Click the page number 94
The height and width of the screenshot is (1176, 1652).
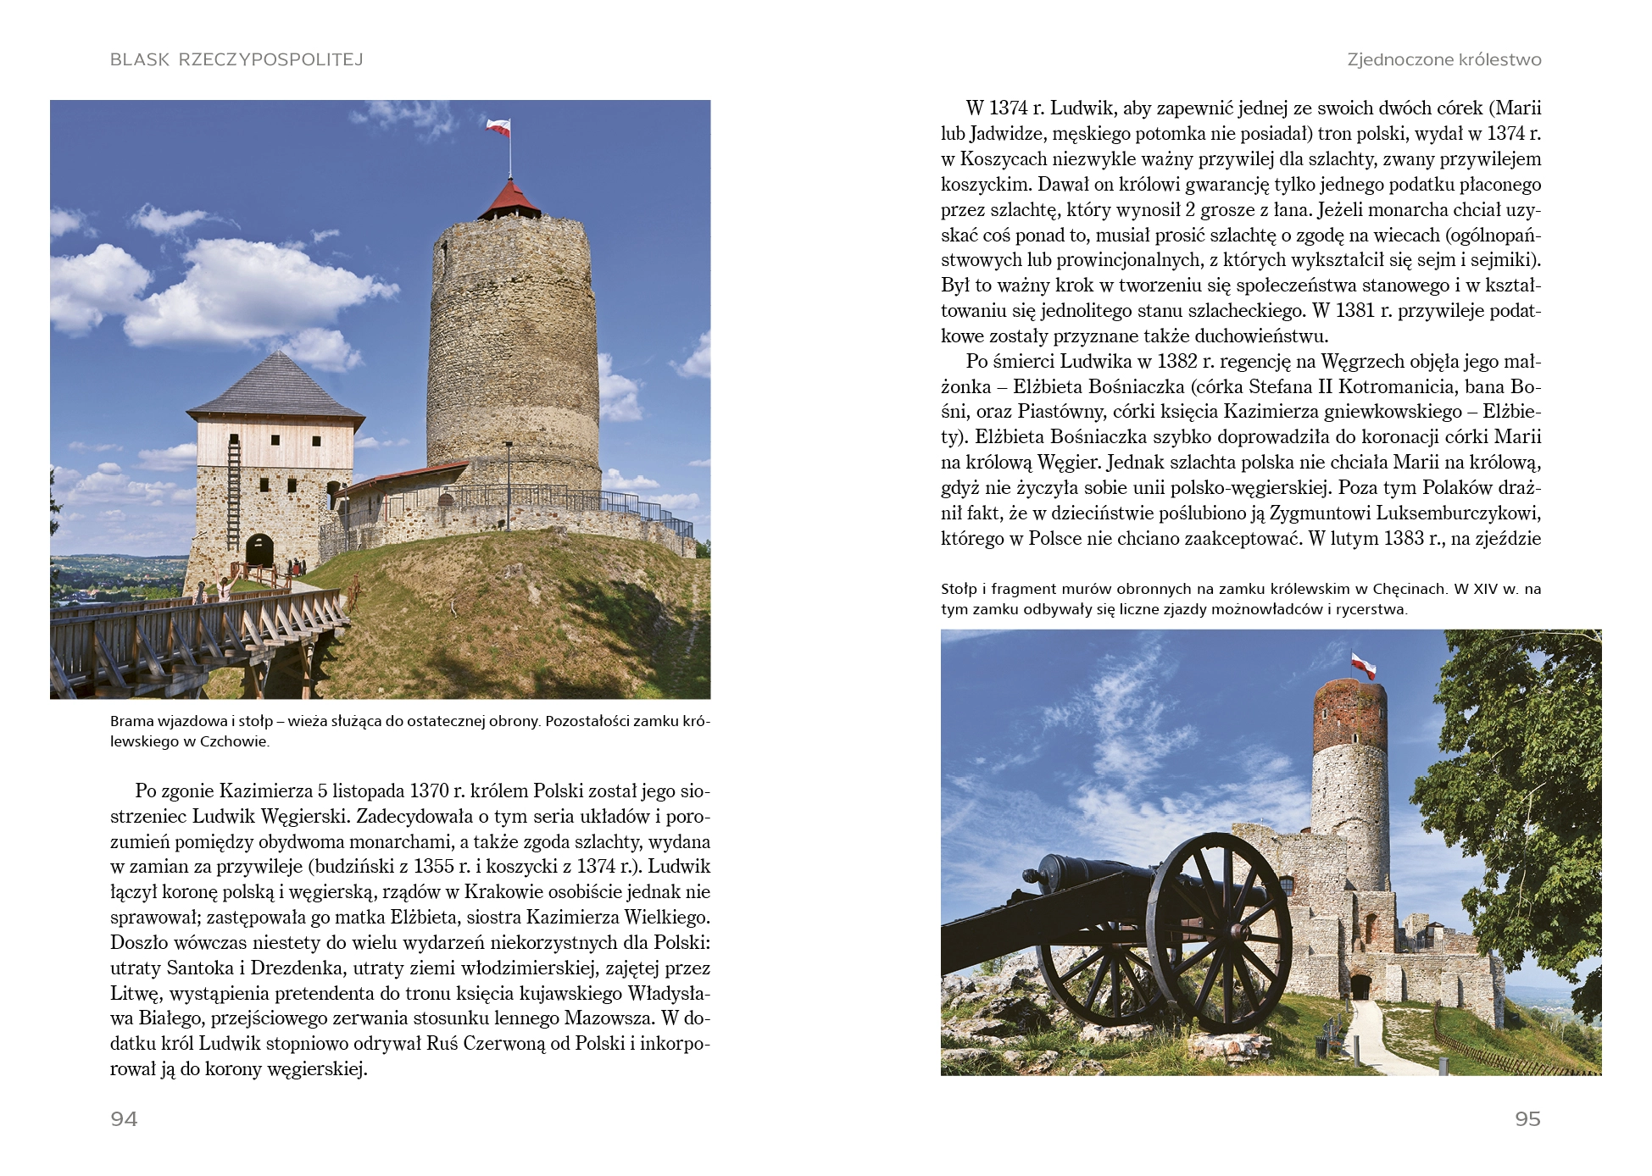124,1118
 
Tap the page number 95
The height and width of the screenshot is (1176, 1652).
1527,1118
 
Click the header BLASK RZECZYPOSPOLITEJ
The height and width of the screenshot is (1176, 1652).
236,59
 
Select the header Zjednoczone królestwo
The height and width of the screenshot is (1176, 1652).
1443,59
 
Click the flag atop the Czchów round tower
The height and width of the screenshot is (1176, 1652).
498,127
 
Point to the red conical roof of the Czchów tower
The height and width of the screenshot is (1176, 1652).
509,201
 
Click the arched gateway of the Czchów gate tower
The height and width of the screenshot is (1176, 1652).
259,551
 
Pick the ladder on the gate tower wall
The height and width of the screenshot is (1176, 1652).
233,491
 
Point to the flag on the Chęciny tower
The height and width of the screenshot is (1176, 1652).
1364,665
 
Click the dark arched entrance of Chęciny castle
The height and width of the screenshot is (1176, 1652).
1360,987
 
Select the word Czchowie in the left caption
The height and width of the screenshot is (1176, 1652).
234,741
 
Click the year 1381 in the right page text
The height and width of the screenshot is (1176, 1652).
1354,311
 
